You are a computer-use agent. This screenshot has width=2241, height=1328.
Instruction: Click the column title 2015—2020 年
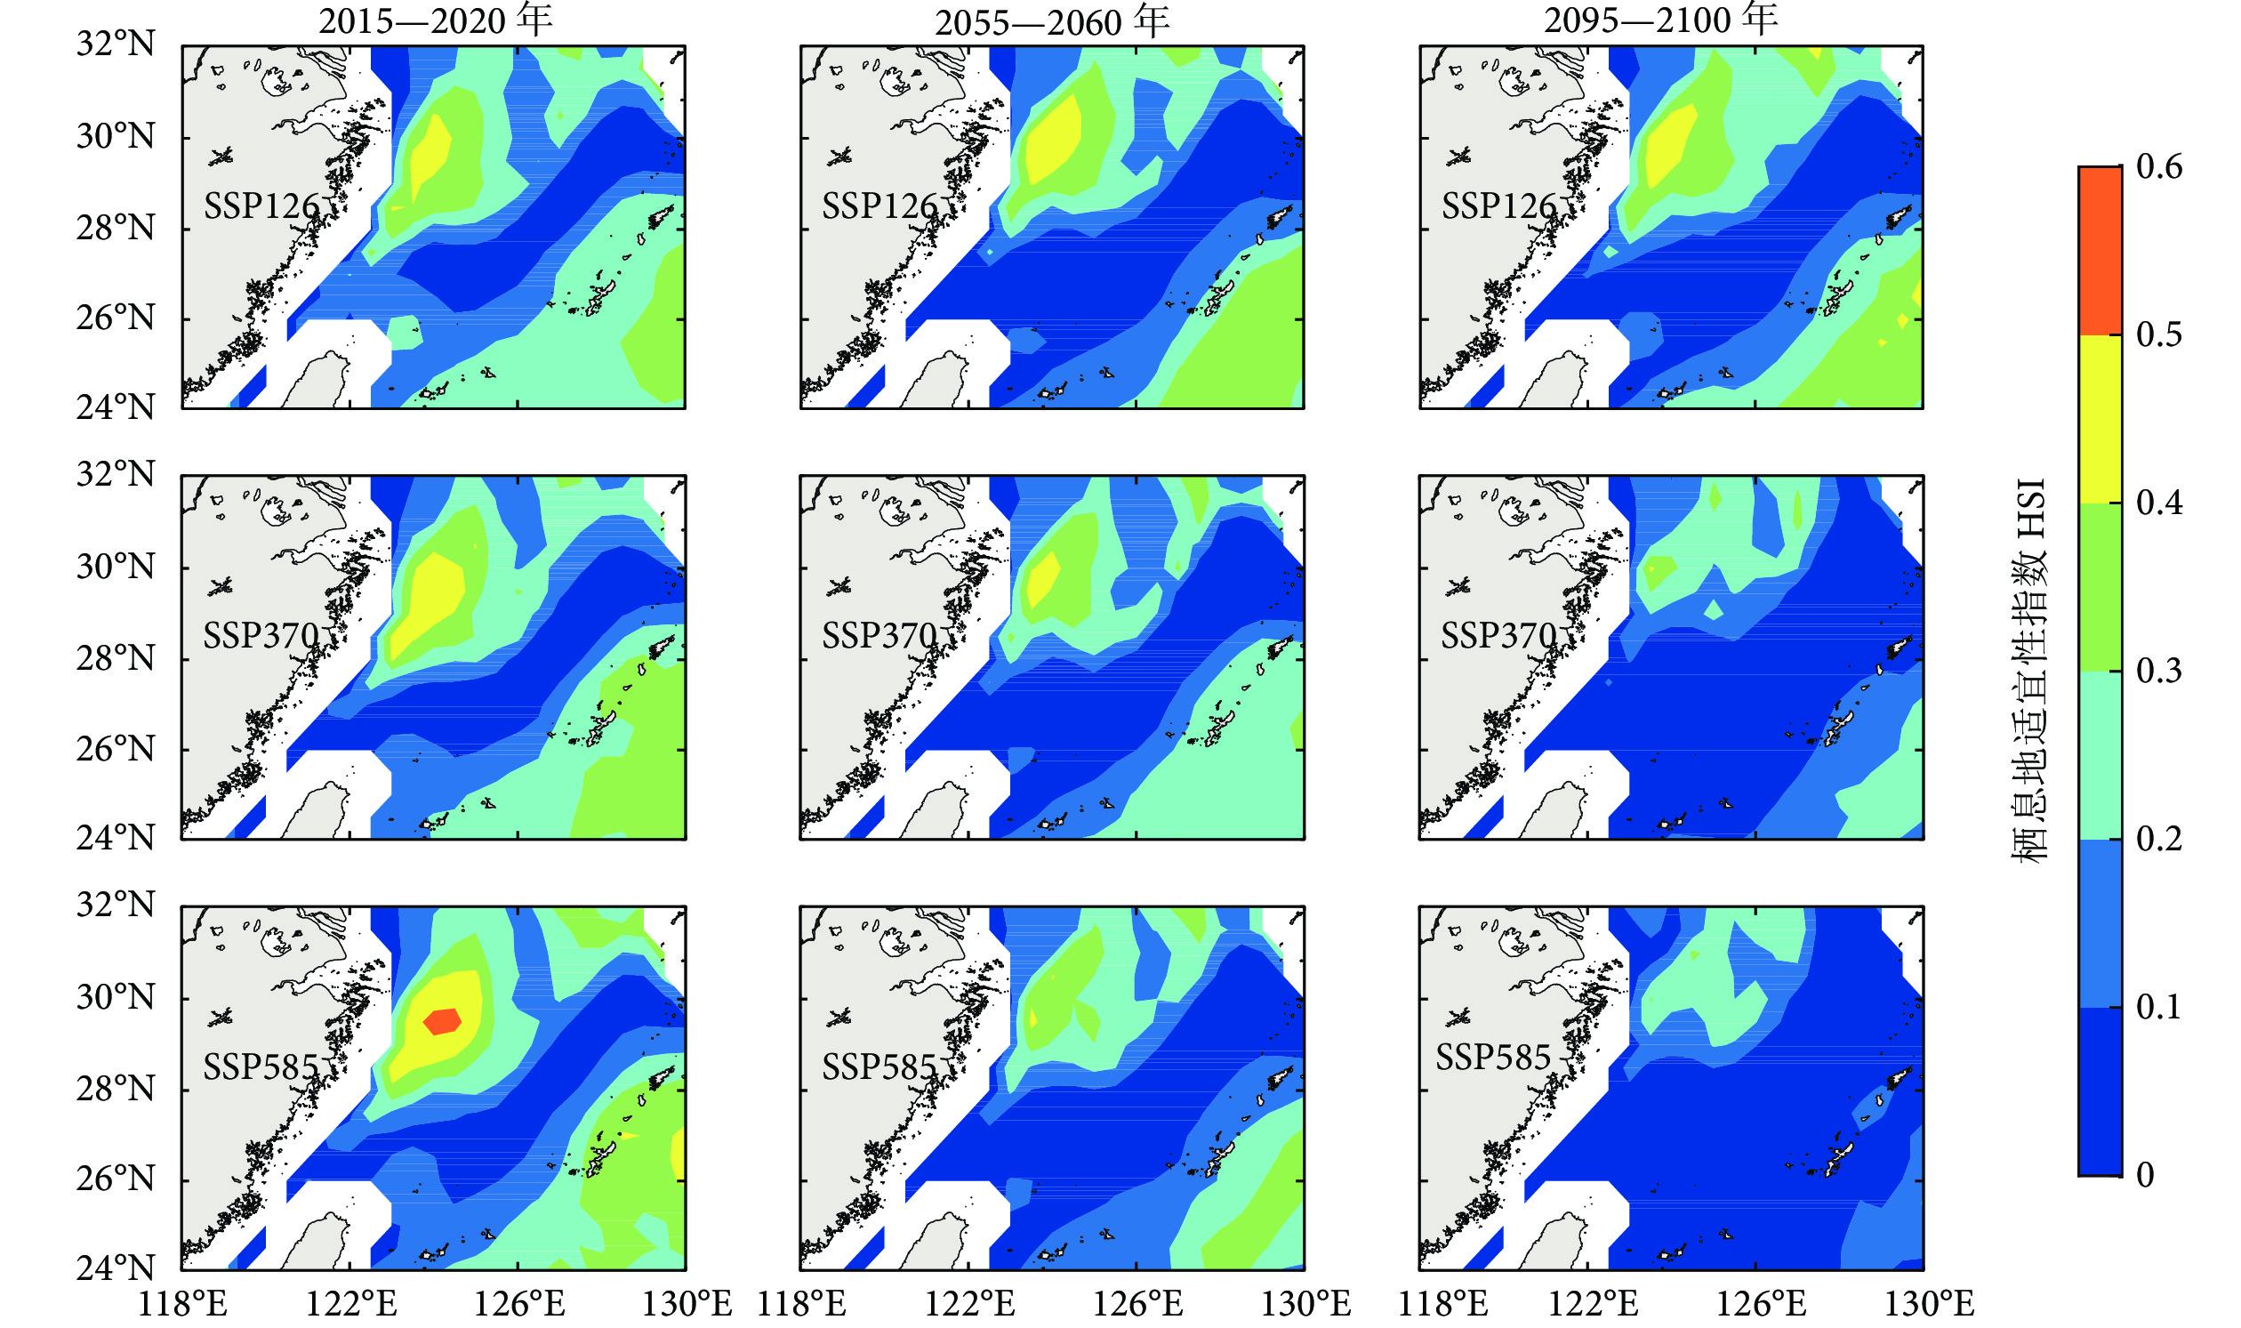[x=435, y=20]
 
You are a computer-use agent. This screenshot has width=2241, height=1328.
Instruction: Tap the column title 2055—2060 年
[x=1052, y=22]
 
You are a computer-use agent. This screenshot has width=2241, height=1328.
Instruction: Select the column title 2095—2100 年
[x=1660, y=20]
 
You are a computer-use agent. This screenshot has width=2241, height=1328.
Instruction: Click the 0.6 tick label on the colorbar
[x=2158, y=166]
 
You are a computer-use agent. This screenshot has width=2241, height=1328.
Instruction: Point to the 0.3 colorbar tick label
[x=2158, y=671]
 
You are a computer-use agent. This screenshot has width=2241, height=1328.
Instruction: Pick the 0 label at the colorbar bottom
[x=2144, y=1175]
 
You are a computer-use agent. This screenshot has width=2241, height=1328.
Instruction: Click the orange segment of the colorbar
[x=2099, y=251]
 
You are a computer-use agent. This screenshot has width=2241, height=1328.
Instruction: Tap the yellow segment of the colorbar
[x=2099, y=419]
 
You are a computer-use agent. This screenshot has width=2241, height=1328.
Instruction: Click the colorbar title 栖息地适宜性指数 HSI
[x=2028, y=672]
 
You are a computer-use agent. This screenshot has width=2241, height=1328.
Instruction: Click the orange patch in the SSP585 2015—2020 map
[x=442, y=1021]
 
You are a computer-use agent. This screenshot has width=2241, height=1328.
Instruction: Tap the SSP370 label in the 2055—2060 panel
[x=879, y=635]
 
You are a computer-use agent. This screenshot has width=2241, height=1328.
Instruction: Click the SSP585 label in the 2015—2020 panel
[x=261, y=1066]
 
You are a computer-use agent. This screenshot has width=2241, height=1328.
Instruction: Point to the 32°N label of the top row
[x=116, y=43]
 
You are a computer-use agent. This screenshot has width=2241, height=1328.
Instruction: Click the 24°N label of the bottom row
[x=116, y=1268]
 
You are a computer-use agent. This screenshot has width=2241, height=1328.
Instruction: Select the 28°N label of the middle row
[x=116, y=658]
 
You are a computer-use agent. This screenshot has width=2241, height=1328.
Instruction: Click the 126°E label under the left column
[x=518, y=1303]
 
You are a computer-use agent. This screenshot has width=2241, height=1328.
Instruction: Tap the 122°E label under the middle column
[x=968, y=1303]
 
